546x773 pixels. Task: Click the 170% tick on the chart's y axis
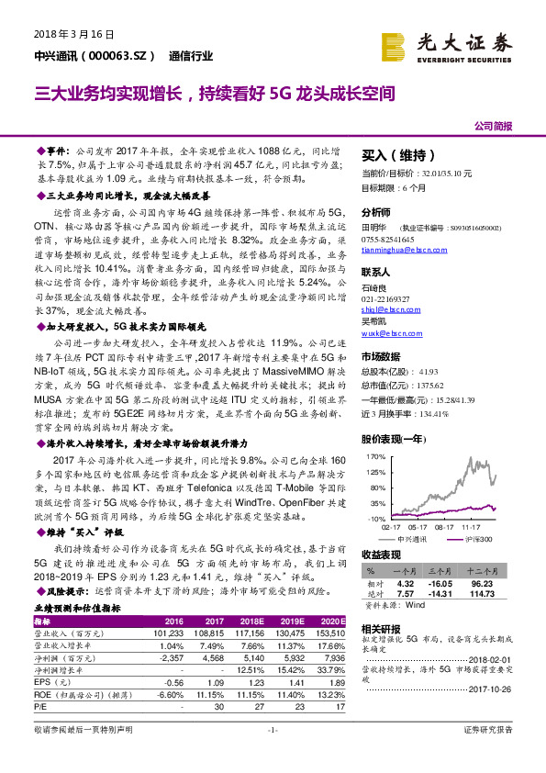point(374,455)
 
